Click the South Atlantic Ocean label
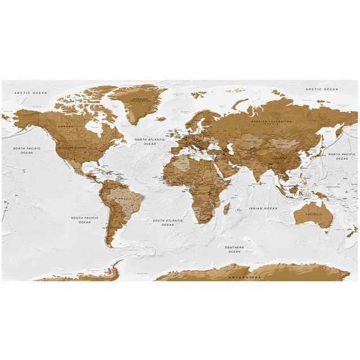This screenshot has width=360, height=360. (x=168, y=222)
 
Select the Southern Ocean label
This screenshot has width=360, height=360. (x=234, y=249)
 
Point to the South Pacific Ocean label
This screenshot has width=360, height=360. (x=85, y=219)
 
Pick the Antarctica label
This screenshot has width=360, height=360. (x=245, y=278)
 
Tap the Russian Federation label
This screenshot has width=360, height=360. (x=273, y=122)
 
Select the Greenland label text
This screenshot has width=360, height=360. (x=139, y=99)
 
